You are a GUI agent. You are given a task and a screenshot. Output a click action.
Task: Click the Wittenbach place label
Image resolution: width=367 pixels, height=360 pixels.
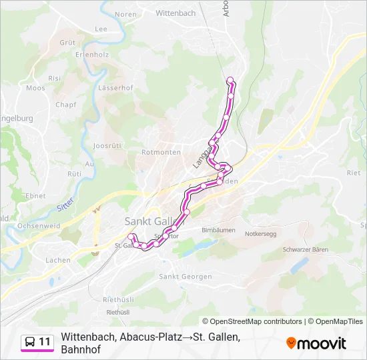tap(175, 13)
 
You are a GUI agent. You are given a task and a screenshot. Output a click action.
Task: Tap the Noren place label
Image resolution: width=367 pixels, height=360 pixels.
tap(125, 14)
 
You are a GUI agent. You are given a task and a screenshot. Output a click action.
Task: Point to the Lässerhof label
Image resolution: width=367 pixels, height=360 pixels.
tap(115, 88)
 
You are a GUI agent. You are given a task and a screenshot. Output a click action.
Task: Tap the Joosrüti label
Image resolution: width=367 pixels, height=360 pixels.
tap(107, 145)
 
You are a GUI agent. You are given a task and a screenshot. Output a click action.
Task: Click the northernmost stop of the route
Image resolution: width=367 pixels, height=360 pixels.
tap(231, 81)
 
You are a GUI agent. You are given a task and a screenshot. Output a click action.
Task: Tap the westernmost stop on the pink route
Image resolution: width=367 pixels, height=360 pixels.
tap(131, 236)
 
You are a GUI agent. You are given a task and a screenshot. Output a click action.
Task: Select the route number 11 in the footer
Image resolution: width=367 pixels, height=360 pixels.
tap(45, 342)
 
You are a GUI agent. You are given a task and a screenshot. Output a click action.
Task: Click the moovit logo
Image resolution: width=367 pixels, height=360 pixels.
tap(316, 343)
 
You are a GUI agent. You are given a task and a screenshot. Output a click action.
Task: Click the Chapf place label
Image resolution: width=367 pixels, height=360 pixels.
tap(66, 105)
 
